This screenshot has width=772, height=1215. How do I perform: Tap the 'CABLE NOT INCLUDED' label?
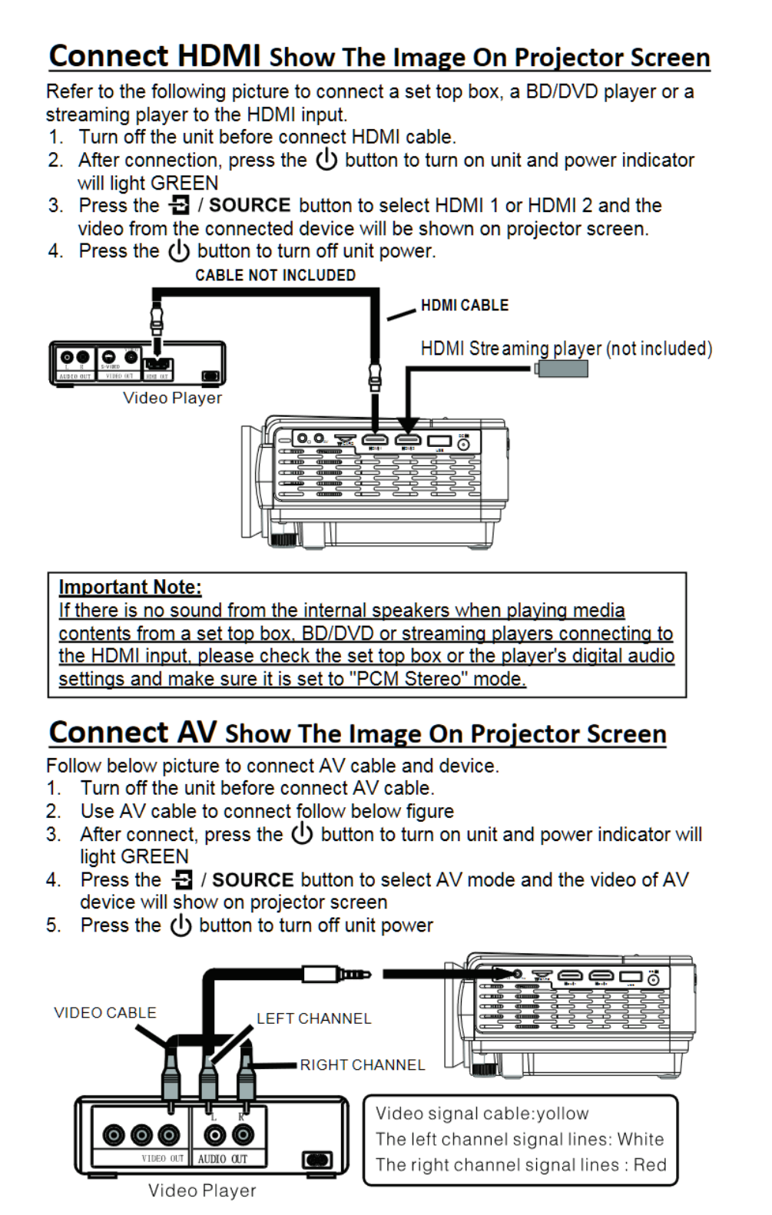[275, 275]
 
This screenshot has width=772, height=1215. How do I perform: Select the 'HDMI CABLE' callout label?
[464, 305]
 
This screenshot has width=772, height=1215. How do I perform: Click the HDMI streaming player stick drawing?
[562, 369]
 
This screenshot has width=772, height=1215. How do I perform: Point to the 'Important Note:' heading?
[130, 588]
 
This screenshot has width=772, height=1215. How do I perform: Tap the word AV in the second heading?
[197, 732]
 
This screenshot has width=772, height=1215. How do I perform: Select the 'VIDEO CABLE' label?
[104, 1012]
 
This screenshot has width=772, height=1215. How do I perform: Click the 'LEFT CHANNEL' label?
[313, 1018]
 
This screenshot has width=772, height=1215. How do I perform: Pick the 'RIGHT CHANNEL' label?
[362, 1064]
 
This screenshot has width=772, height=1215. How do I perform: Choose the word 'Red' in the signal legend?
[649, 1164]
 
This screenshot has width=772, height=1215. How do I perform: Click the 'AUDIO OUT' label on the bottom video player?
[222, 1158]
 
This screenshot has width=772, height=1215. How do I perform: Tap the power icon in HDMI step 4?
[178, 251]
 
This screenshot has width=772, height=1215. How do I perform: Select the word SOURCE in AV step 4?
[253, 879]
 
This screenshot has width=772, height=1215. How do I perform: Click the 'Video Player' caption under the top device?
[172, 398]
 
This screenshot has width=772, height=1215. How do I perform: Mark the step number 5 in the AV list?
[53, 925]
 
